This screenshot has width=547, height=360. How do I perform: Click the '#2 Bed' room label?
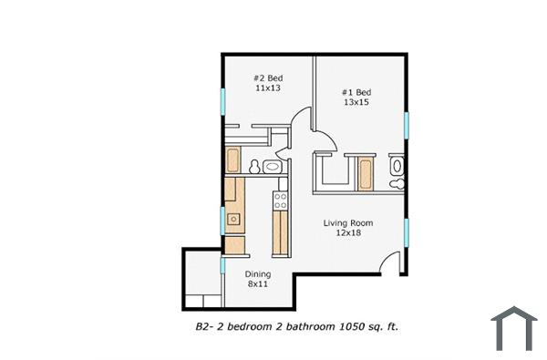pos(268,78)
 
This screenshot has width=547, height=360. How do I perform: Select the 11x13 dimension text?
pos(268,90)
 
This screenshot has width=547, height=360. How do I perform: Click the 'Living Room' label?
pos(349,223)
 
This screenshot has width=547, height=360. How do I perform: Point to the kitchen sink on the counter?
pos(234,219)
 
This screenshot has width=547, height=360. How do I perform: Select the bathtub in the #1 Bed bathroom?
pos(366,171)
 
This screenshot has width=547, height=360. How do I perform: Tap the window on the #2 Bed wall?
pos(222,101)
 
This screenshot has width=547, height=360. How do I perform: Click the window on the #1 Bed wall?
pos(408,125)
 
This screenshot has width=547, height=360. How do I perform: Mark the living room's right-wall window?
pos(408,231)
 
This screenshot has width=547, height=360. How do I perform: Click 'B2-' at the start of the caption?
pos(205,324)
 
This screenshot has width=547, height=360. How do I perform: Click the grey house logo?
pos(514,328)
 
